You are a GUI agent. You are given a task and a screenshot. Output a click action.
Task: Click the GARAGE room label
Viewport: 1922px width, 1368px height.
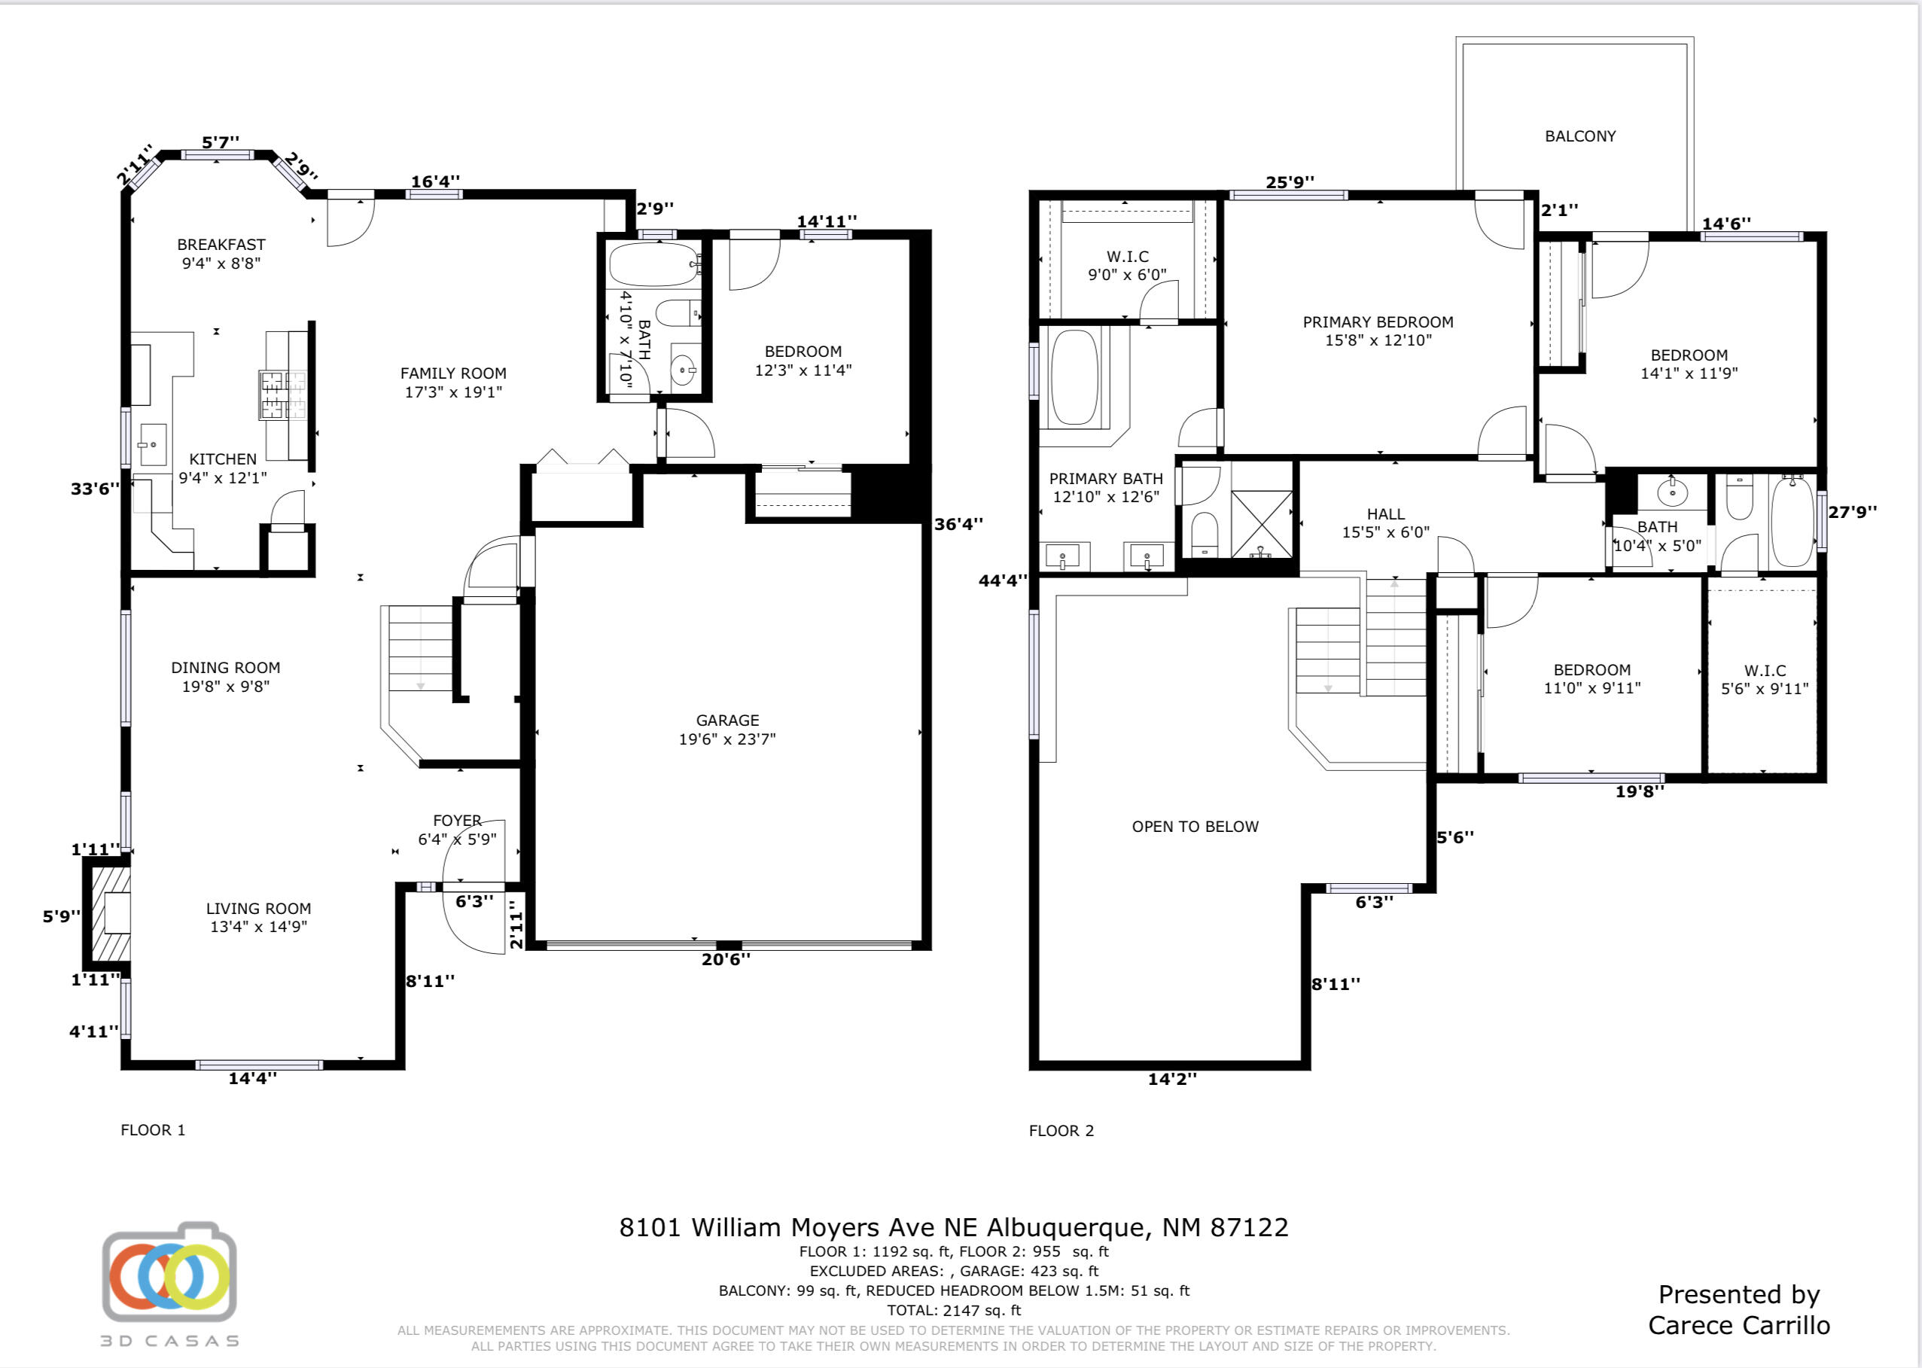(728, 721)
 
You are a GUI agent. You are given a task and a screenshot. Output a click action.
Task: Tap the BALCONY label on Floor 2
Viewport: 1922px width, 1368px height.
(1580, 136)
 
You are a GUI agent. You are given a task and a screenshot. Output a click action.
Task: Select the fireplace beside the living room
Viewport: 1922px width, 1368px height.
(108, 913)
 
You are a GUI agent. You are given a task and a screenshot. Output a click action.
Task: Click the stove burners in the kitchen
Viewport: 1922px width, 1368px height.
(283, 395)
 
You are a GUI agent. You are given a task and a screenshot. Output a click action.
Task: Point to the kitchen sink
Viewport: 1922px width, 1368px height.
(152, 445)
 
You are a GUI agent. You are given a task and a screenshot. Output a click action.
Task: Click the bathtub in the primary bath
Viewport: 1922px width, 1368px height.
(1076, 377)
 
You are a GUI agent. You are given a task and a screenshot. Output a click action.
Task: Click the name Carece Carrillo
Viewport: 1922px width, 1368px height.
(1738, 1325)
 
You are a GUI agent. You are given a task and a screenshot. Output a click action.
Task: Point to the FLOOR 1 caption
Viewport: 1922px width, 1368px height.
(152, 1130)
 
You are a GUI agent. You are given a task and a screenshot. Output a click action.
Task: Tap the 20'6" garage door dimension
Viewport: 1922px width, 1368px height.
(726, 958)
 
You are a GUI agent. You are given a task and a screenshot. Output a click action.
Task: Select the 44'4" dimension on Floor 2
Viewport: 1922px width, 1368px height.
(1003, 580)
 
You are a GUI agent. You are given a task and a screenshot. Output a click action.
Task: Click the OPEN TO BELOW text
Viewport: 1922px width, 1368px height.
(1196, 827)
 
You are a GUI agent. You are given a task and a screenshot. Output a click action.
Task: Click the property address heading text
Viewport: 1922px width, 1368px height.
(953, 1227)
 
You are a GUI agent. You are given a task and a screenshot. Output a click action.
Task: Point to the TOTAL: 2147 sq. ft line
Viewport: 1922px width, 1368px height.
(953, 1311)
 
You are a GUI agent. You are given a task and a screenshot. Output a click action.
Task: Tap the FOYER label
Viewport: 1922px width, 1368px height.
(457, 821)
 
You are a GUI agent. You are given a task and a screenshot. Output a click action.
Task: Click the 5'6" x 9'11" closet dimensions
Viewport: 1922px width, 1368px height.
(1765, 689)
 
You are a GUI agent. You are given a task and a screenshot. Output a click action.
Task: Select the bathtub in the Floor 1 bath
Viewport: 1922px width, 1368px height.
(654, 264)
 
